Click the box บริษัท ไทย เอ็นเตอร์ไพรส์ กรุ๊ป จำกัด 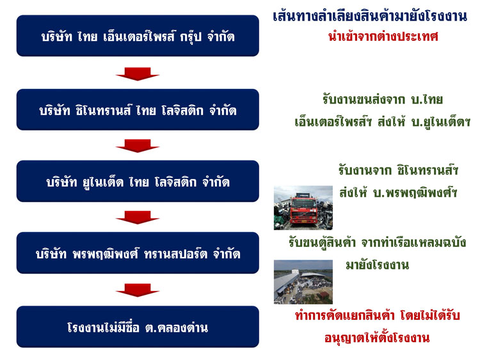click(138, 36)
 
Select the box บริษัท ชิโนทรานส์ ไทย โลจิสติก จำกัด click(138, 110)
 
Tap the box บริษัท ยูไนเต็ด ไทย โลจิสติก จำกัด click(138, 182)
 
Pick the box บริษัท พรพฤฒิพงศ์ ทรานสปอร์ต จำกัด click(138, 253)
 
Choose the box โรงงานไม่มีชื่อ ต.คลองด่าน click(138, 327)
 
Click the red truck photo click(303, 207)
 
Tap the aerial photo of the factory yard click(303, 281)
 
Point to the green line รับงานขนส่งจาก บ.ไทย click(383, 100)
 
